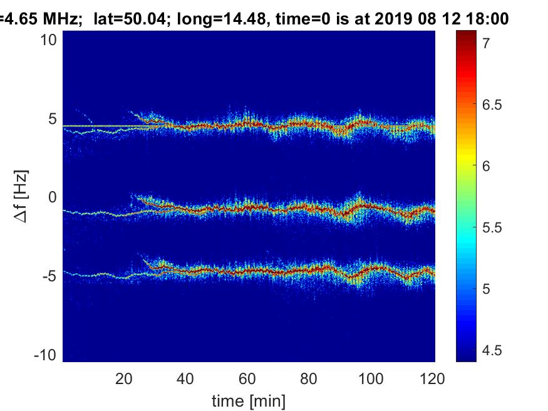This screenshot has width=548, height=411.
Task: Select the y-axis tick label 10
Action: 49,41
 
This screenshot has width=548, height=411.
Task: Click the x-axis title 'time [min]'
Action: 249,400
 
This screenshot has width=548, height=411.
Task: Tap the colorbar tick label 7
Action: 486,43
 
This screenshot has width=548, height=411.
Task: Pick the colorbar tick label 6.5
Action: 492,105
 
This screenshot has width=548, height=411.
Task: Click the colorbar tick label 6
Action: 486,166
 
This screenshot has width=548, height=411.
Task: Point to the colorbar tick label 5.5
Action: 492,227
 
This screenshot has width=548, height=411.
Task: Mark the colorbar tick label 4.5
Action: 492,350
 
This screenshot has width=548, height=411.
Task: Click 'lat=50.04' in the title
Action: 124,19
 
